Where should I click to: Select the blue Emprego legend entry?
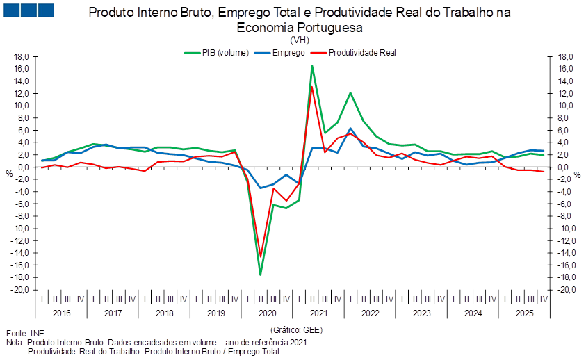(x=282, y=52)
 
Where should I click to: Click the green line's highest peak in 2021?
(x=313, y=66)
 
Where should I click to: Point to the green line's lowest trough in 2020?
(x=261, y=275)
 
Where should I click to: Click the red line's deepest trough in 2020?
(x=261, y=256)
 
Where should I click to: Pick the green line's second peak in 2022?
(x=351, y=92)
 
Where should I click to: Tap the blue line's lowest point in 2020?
(x=261, y=188)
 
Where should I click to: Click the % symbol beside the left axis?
(x=9, y=172)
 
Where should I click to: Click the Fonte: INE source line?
(x=21, y=334)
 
